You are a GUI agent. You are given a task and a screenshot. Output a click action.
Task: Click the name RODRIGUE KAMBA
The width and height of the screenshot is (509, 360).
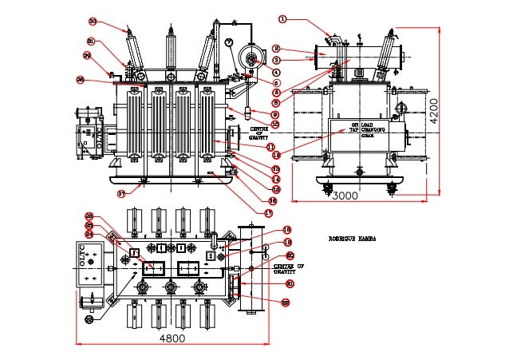coord(352,238)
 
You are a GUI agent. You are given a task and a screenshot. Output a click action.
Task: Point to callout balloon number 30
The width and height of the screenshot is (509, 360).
coord(93,22)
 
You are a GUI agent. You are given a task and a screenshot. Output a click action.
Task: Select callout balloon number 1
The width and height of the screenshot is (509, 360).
coord(282,18)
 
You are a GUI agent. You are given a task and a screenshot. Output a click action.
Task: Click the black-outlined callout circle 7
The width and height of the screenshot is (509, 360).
coord(229,42)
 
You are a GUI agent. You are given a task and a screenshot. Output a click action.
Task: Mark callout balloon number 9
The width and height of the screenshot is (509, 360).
coord(274,114)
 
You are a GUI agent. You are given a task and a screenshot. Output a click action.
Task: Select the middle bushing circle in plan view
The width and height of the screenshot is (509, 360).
coord(170,287)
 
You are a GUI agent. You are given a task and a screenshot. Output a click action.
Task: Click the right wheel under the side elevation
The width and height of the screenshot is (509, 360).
coord(391,188)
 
